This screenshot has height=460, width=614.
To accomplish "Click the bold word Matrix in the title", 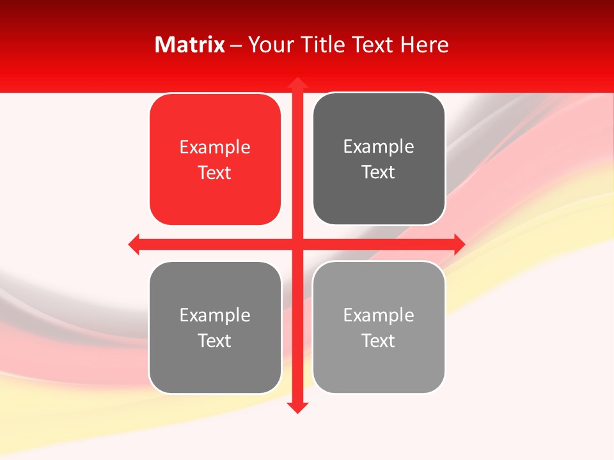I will point(190,45).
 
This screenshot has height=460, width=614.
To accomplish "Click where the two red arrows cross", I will point(297,244).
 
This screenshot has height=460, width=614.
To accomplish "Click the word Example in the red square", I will point(215,148).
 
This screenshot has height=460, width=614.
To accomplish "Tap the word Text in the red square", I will point(215,172).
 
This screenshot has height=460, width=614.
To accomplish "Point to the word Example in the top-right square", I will point(379,147).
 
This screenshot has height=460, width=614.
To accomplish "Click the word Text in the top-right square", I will point(379,172).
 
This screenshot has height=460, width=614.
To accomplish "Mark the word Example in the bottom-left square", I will point(215,316).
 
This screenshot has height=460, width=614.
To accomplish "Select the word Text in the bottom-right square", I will point(379,341).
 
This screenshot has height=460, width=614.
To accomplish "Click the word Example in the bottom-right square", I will point(379,316).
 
